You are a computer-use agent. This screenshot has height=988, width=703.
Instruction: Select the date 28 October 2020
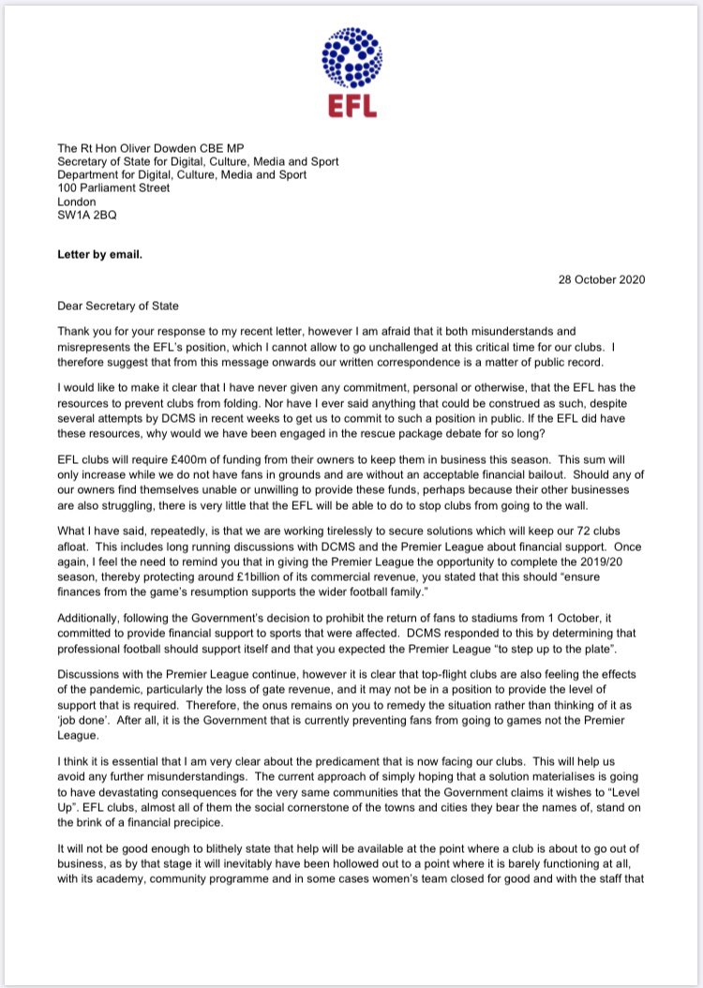[x=602, y=279]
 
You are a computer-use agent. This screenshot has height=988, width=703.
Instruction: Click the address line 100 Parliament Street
[x=114, y=187]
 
